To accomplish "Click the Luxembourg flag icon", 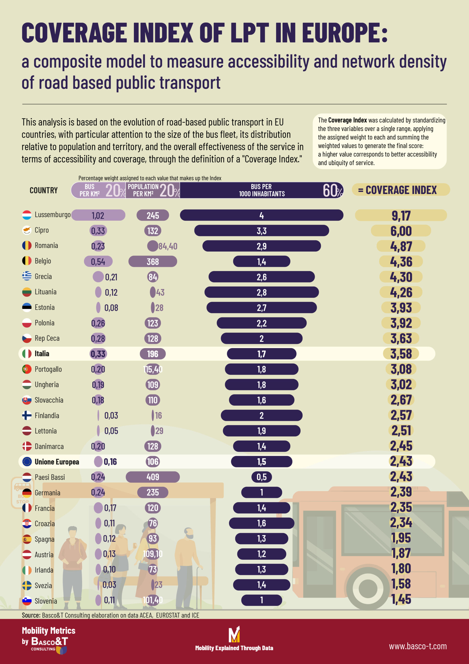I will point(27,215).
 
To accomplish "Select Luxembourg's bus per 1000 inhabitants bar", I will point(261,215).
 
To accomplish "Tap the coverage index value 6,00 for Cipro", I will point(401,231).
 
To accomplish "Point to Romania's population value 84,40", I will point(168,246).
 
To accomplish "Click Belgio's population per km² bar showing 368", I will point(153,261).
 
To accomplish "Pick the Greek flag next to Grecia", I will point(27,276).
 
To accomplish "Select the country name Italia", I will point(42,354).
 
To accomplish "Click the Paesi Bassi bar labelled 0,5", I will point(261,477).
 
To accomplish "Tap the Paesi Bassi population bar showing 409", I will point(153,477).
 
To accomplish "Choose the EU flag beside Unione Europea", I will point(27,462).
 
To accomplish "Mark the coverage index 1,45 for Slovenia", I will point(401,599).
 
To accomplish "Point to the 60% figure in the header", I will point(332,190).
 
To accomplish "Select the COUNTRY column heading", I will point(44,190).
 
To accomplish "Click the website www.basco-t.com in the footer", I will point(417,646).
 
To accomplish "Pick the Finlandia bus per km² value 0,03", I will point(111,416).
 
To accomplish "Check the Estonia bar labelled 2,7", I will point(261,307).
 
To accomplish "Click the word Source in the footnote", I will point(31,615).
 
